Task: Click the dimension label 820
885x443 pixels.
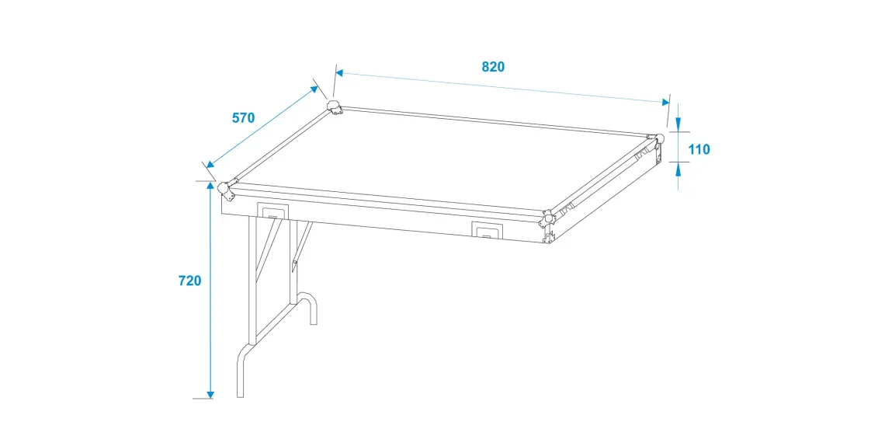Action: click(x=493, y=67)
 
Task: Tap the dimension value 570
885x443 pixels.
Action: click(x=244, y=118)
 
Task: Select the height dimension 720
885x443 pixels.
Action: click(x=189, y=281)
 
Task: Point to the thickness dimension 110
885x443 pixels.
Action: click(x=699, y=150)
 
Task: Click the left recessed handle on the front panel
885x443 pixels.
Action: click(x=272, y=210)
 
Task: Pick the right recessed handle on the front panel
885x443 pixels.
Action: click(x=487, y=230)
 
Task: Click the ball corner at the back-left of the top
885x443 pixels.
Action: click(x=335, y=107)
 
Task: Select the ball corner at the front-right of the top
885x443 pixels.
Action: click(x=548, y=218)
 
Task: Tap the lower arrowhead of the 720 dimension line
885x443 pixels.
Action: click(x=210, y=392)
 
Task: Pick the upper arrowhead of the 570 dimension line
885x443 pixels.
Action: click(x=313, y=89)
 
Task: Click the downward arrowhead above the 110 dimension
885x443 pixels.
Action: click(x=678, y=124)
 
